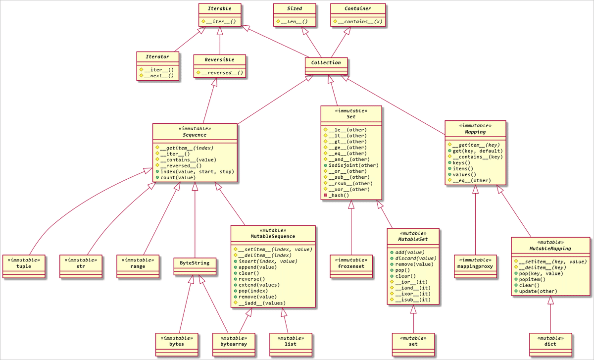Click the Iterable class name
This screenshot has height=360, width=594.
coord(220,8)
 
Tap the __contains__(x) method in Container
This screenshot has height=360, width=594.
coord(357,22)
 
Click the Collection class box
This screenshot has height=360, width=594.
coord(326,65)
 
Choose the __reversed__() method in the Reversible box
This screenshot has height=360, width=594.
coord(222,73)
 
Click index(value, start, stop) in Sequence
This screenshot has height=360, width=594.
coord(197,171)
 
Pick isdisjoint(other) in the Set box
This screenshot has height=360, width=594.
coord(353,165)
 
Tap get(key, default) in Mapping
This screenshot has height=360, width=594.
coord(478,151)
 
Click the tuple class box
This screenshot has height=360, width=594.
coord(24,266)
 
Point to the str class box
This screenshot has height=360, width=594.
coord(81,266)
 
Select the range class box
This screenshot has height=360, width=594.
coord(138,266)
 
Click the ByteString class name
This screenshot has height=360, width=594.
coord(195,263)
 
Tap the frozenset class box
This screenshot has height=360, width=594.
coord(351,266)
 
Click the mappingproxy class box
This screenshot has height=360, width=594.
coord(475,266)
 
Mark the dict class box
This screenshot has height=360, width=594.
coord(550,344)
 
